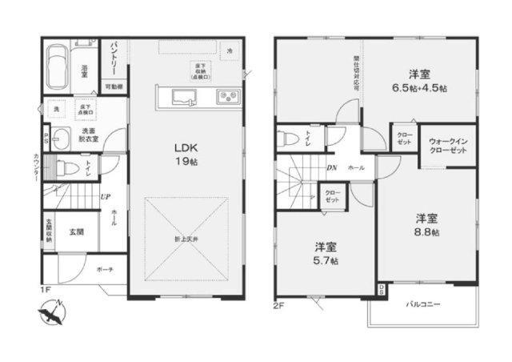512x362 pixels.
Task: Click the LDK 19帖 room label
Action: tap(186, 153)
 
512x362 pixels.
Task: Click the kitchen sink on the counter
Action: tap(185, 99)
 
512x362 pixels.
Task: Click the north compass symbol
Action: tap(51, 308)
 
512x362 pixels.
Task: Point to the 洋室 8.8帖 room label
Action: tap(425, 224)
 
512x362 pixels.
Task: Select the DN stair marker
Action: tap(332, 167)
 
